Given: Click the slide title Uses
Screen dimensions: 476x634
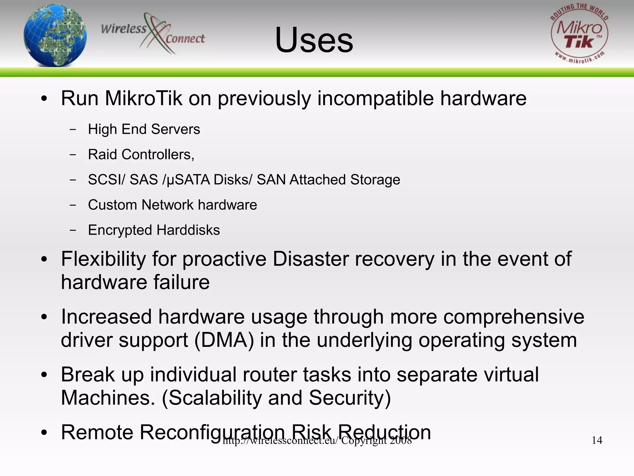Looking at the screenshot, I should (314, 40).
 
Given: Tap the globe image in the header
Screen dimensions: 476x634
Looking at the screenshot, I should (55, 35).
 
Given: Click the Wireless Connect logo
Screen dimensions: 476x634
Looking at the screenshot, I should (153, 33).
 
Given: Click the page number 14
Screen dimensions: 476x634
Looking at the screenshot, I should (597, 440).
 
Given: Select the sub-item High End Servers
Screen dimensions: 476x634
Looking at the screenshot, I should (144, 129).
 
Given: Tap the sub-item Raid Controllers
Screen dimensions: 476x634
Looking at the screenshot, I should (141, 155).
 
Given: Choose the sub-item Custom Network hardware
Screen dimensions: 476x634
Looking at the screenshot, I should (172, 205).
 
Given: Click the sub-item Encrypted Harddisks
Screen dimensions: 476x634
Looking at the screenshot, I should (154, 230).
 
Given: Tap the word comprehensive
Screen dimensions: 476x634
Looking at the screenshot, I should (514, 317).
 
